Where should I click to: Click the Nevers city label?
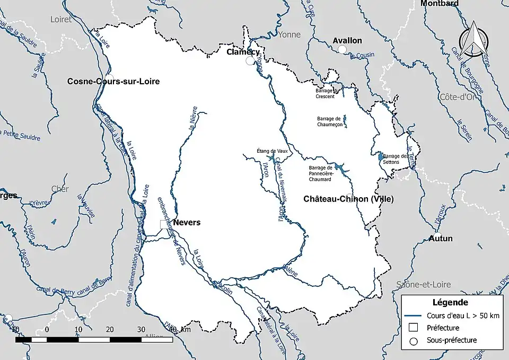click(187, 222)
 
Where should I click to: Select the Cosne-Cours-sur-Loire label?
click(113, 81)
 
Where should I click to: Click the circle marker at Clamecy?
click(250, 62)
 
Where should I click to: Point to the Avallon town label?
click(347, 40)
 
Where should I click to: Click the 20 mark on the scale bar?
click(109, 329)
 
